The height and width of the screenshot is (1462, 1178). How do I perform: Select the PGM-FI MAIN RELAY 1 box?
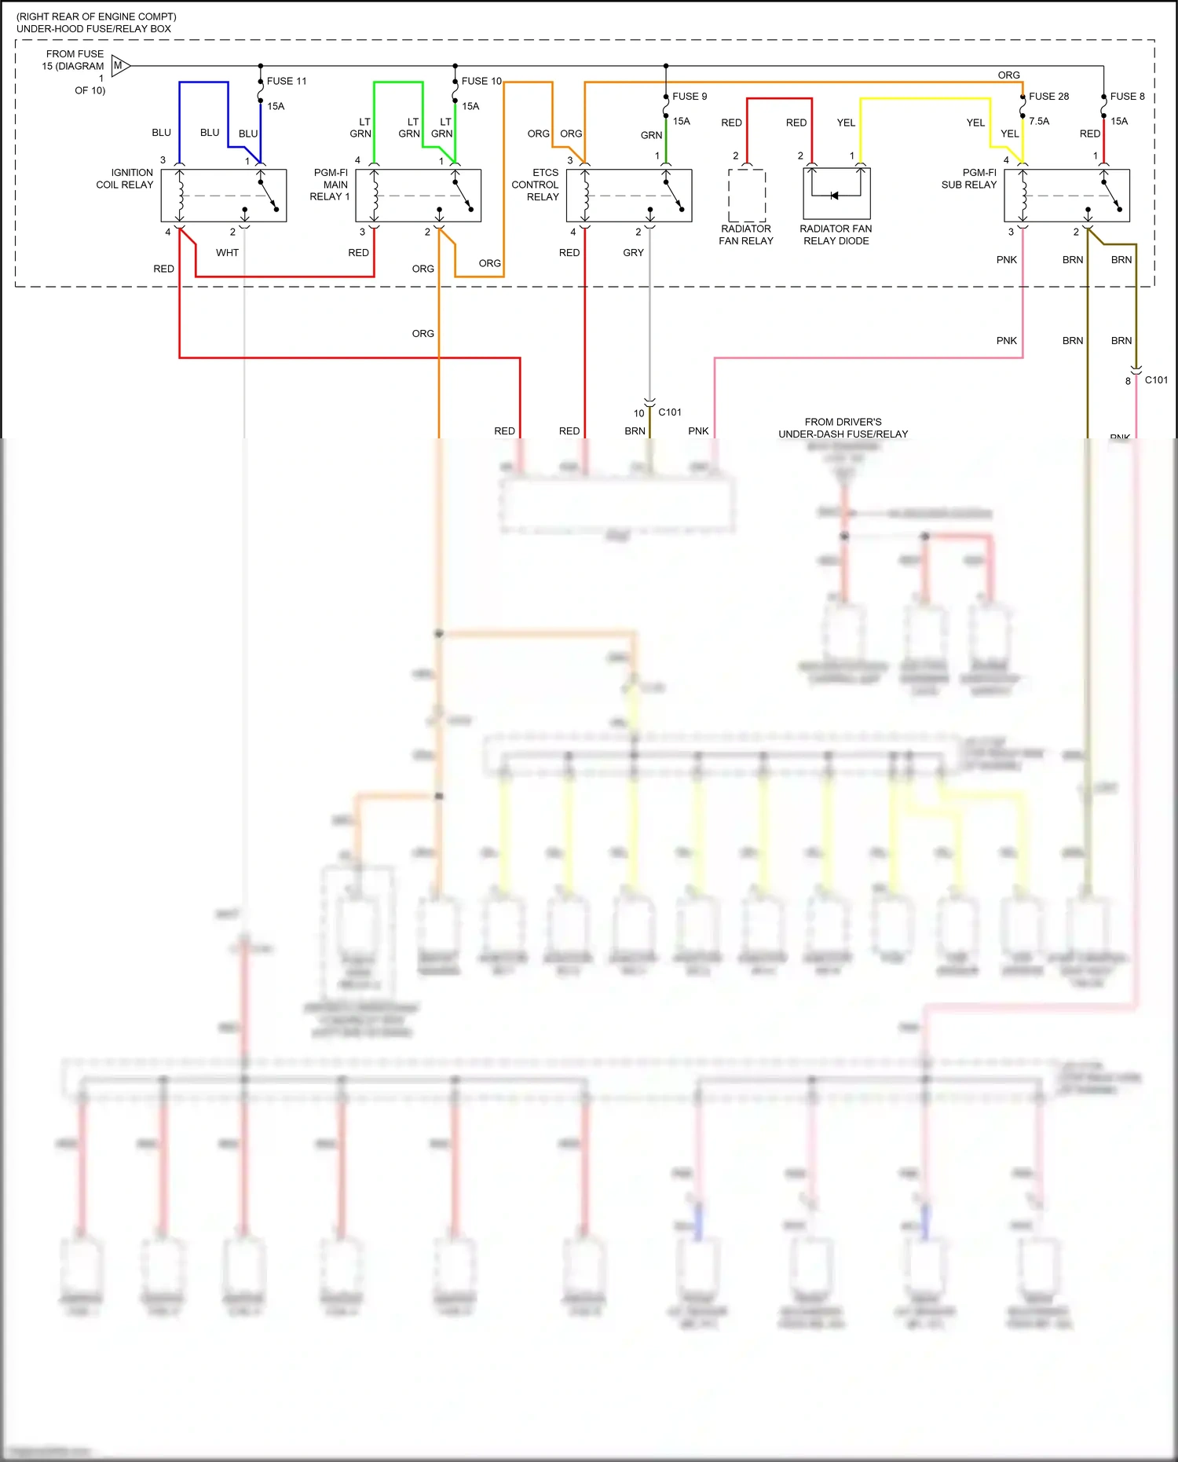click(x=418, y=196)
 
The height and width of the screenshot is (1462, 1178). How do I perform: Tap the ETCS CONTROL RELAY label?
click(x=536, y=185)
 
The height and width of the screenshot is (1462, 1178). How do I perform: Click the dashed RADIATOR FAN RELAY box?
click(x=746, y=196)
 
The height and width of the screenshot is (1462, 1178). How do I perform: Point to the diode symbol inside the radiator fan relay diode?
click(x=835, y=196)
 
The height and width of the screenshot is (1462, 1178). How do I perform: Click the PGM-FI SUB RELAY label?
click(x=969, y=178)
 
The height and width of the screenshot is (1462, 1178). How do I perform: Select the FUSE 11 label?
click(x=287, y=81)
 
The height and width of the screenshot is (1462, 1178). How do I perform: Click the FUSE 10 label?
click(x=481, y=81)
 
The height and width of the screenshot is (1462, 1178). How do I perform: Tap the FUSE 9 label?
click(x=690, y=97)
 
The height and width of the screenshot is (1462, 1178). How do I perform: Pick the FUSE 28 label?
click(x=1048, y=97)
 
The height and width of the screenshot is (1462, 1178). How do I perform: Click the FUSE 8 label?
click(x=1127, y=97)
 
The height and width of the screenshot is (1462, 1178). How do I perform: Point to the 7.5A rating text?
click(x=1039, y=121)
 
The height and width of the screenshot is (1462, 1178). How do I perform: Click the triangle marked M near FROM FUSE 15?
click(x=119, y=66)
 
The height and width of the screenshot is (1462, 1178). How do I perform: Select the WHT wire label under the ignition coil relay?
click(x=227, y=253)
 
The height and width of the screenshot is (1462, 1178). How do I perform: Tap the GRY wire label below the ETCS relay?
click(x=633, y=253)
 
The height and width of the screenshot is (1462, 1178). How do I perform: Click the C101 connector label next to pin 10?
click(x=670, y=412)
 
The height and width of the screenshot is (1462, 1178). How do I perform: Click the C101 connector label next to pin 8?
click(x=1156, y=379)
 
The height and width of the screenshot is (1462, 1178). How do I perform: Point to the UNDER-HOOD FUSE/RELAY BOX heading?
click(x=93, y=29)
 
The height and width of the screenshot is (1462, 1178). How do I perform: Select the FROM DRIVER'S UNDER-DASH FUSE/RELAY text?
click(x=843, y=428)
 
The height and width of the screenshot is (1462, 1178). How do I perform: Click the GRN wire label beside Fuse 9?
click(x=651, y=135)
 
